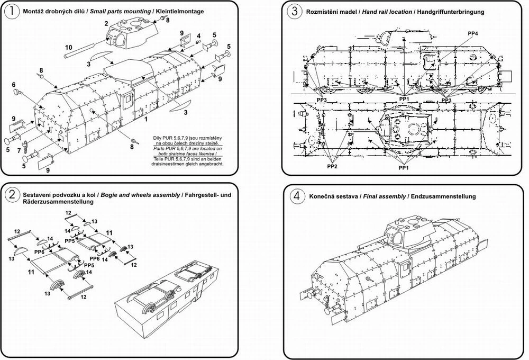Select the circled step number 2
point(12,195)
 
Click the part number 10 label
point(68,47)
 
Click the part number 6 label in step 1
point(14,84)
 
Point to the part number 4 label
point(199,36)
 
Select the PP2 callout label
point(332,166)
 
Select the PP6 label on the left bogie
point(39,252)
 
